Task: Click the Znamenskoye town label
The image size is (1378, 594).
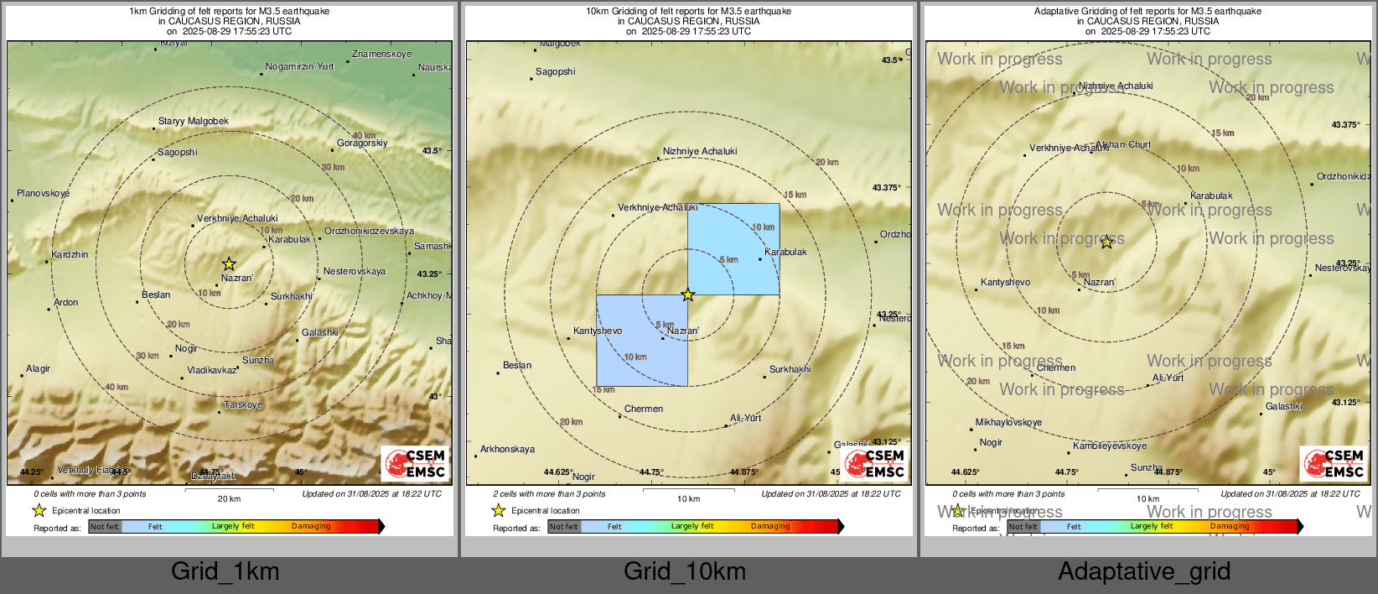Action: point(381,55)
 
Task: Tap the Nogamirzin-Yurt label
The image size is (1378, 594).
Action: point(299,67)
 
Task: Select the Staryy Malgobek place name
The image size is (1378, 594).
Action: point(193,122)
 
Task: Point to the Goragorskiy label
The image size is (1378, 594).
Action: point(362,143)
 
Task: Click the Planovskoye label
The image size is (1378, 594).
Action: point(44,194)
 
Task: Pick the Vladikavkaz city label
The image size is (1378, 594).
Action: point(211,371)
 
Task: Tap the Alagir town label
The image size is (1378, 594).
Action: point(38,369)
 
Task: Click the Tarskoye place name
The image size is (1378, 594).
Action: point(243,405)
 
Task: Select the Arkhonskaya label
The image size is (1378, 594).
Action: point(507,450)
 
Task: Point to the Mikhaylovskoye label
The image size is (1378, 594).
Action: point(1008,423)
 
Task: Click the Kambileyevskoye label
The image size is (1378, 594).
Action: point(1110,446)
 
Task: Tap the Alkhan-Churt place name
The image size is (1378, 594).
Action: point(1123,145)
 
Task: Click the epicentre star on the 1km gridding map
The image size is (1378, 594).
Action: point(229,264)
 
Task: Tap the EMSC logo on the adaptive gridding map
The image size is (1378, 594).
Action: point(1333,464)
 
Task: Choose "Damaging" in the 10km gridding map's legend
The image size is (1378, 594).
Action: point(770,527)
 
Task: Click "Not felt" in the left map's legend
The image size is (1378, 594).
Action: point(105,527)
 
